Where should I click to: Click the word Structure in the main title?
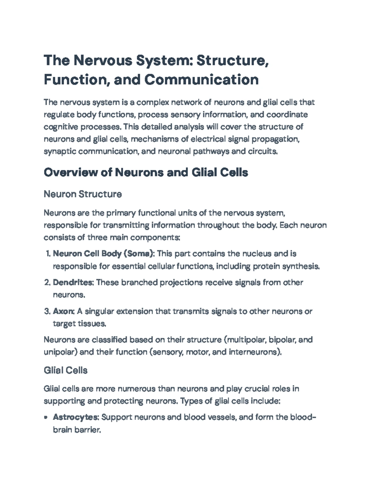[231, 60]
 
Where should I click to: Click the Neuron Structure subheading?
[82, 194]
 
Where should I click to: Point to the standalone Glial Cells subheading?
[65, 370]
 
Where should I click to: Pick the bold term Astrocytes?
[76, 417]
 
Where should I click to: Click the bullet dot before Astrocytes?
[46, 418]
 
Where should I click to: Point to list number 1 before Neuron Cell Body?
[48, 254]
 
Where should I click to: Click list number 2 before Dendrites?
[47, 282]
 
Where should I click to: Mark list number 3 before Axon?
[47, 311]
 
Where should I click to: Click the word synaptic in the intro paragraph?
[60, 151]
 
